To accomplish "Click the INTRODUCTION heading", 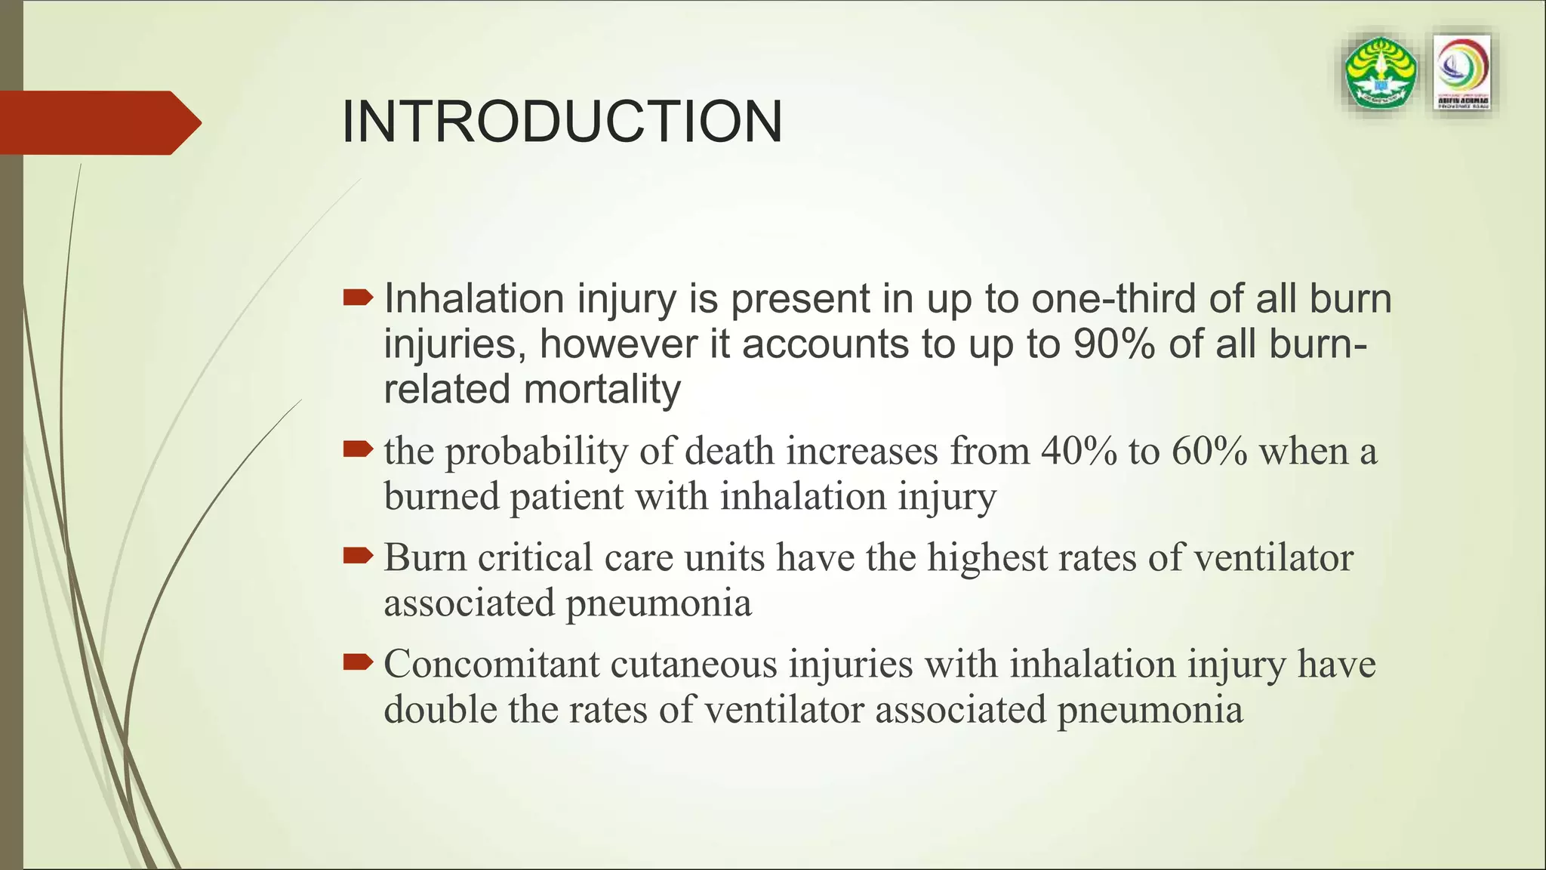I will point(562,122).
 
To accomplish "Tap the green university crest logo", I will point(1381,74).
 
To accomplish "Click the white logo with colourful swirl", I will point(1461,73).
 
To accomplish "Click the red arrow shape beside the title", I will point(98,122).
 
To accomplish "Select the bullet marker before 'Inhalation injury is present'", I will point(358,298).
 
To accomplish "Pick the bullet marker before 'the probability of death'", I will point(358,450).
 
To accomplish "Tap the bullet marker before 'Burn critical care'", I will point(358,557).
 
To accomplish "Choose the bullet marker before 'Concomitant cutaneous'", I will point(358,663).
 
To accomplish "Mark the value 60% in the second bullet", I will point(1209,452).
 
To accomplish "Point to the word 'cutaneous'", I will point(694,665).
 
